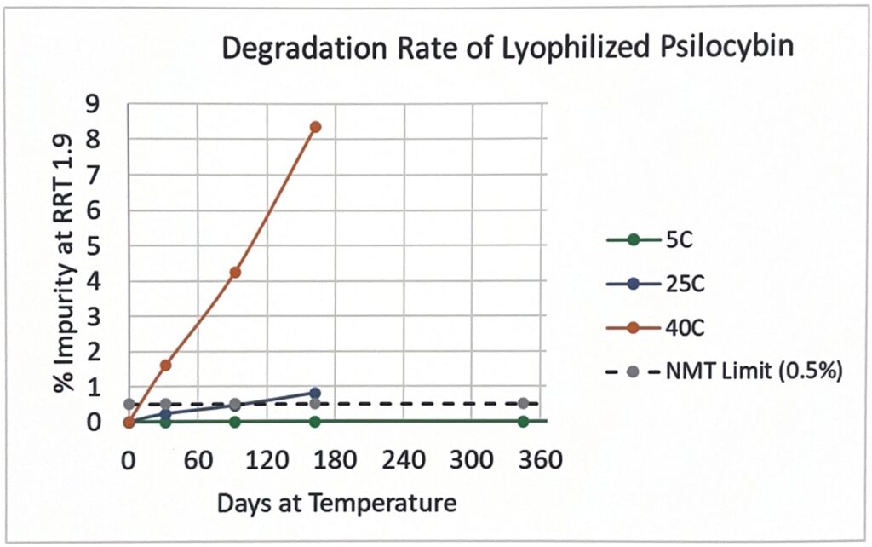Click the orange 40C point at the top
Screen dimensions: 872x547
tap(315, 127)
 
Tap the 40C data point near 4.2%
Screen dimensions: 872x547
tap(235, 273)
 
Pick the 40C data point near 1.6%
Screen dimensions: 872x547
tap(165, 365)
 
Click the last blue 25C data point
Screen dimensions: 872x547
tap(315, 393)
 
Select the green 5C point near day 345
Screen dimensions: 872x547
tap(523, 422)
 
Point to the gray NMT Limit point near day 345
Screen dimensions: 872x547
tap(523, 403)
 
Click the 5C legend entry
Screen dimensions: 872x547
tap(650, 241)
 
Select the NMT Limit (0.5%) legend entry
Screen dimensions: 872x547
tap(724, 371)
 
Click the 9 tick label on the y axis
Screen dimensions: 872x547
tap(96, 104)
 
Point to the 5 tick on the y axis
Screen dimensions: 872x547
tap(96, 246)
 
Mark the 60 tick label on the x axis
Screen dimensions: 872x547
tap(198, 461)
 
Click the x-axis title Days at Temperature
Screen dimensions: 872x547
tap(336, 504)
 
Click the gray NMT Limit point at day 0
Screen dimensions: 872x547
tap(129, 403)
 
